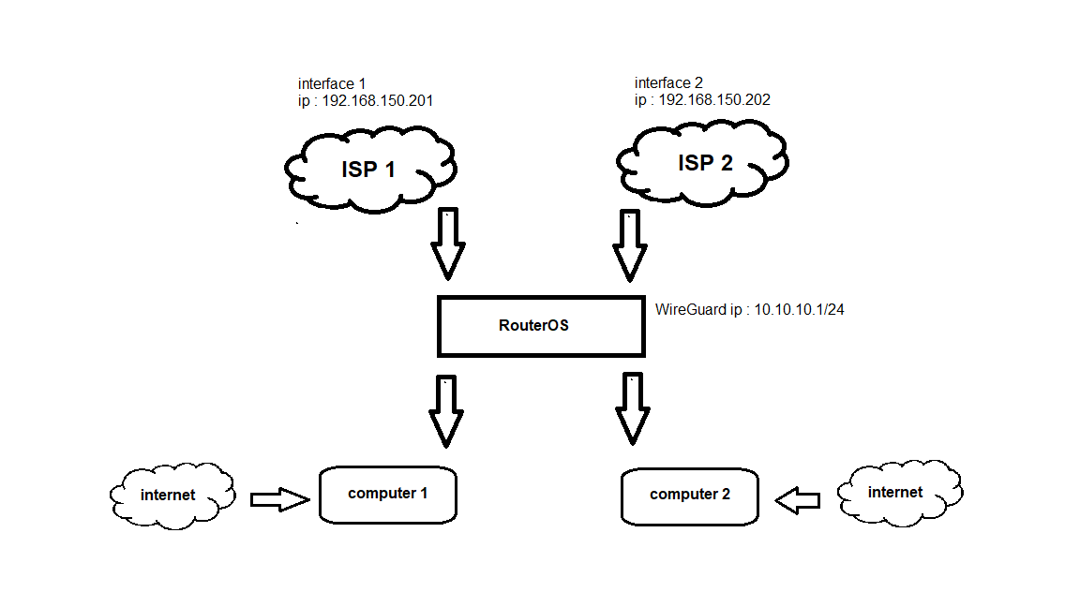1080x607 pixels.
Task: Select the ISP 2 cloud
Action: pyautogui.click(x=702, y=164)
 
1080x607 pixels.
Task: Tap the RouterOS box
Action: pyautogui.click(x=541, y=327)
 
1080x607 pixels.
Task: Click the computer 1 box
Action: pyautogui.click(x=387, y=494)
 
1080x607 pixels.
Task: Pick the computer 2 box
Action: pyautogui.click(x=689, y=495)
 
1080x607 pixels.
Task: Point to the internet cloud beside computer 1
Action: pyautogui.click(x=170, y=495)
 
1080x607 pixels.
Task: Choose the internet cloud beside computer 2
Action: pyautogui.click(x=898, y=492)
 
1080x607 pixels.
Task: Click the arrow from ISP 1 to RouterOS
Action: pyautogui.click(x=447, y=243)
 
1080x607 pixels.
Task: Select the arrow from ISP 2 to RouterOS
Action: pyautogui.click(x=630, y=244)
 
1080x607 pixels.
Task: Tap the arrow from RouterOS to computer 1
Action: pyautogui.click(x=447, y=409)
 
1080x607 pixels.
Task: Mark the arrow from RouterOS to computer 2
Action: pyautogui.click(x=632, y=409)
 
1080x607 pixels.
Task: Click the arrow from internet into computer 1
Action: pyautogui.click(x=279, y=500)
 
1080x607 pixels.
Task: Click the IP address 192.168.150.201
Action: pyautogui.click(x=377, y=100)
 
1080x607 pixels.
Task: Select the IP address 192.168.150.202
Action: pyautogui.click(x=714, y=99)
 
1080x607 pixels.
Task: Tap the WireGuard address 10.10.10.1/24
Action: pyautogui.click(x=799, y=309)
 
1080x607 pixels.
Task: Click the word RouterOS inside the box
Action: pyautogui.click(x=533, y=327)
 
